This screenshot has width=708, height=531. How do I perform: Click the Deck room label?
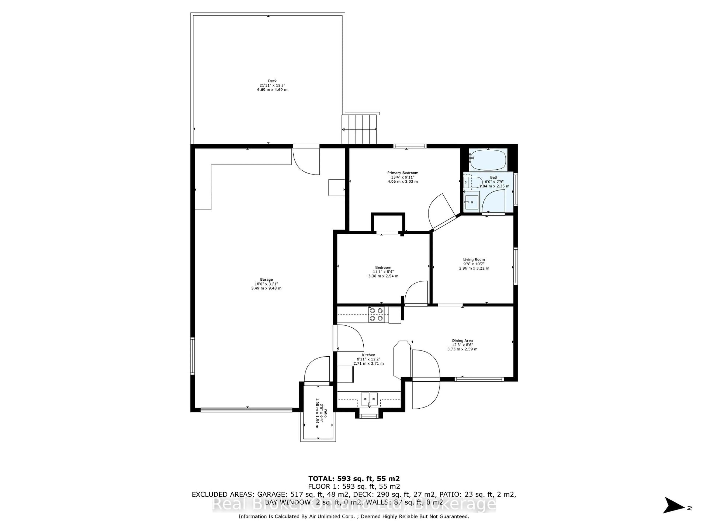[x=272, y=81]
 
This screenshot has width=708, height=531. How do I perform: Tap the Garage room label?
[x=266, y=280]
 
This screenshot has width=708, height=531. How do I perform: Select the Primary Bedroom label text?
[x=403, y=173]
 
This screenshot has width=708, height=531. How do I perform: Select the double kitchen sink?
[x=369, y=399]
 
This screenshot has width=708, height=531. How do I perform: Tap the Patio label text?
[x=325, y=413]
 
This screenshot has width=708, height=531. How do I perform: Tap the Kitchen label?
[x=368, y=355]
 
